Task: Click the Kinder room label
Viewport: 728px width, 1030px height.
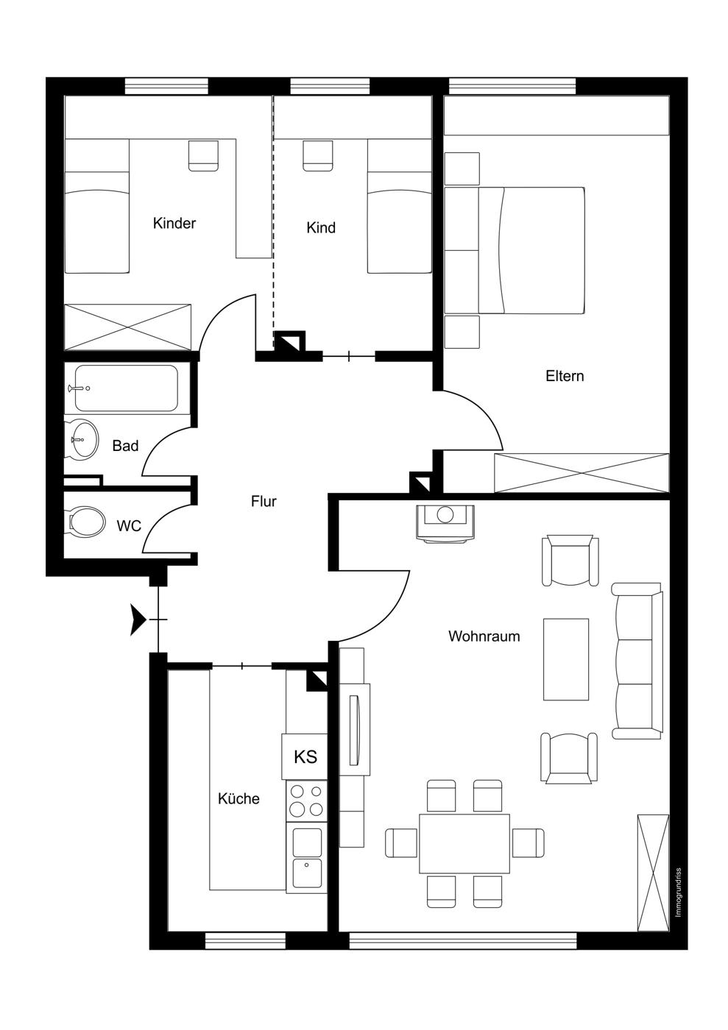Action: [174, 224]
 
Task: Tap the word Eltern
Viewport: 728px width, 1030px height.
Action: [564, 376]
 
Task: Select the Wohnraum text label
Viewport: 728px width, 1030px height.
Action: [484, 636]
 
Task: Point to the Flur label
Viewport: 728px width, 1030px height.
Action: [264, 501]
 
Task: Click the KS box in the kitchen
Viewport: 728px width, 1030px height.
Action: [304, 756]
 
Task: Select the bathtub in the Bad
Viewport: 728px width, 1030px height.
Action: [126, 388]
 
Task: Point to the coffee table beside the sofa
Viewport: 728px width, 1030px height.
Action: [566, 659]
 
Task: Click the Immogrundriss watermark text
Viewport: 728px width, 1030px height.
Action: [678, 892]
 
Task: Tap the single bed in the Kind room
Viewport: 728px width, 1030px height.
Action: [400, 206]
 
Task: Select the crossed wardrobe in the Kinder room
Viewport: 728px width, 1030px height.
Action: [127, 327]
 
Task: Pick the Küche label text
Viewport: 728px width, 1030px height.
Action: [238, 798]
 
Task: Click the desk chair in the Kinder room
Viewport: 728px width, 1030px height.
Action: [203, 155]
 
